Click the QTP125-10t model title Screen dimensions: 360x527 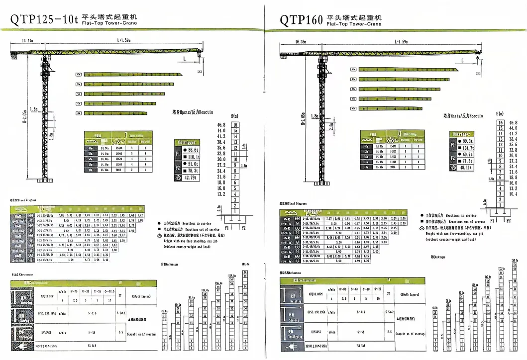[44, 19]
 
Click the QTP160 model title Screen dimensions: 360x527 [301, 19]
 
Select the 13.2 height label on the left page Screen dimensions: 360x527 [221, 194]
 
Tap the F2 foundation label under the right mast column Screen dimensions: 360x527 [507, 219]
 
